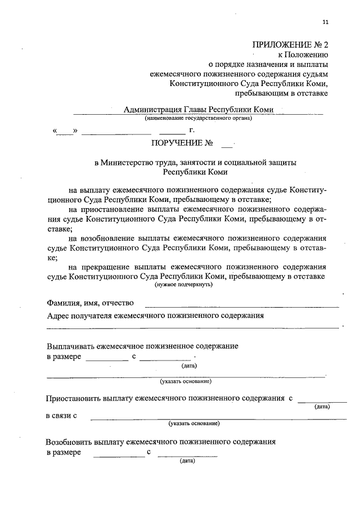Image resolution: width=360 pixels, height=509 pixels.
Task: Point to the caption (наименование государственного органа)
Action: tap(198, 118)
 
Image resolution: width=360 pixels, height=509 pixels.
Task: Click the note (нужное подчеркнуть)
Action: tap(183, 285)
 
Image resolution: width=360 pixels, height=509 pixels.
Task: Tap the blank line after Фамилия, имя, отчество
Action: tap(242, 307)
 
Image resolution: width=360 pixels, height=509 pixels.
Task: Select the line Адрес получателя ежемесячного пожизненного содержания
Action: tap(155, 316)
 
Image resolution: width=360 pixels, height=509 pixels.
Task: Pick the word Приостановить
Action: tap(73, 398)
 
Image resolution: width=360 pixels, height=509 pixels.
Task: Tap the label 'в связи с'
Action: tap(61, 416)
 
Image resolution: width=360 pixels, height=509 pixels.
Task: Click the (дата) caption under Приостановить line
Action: tap(322, 406)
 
